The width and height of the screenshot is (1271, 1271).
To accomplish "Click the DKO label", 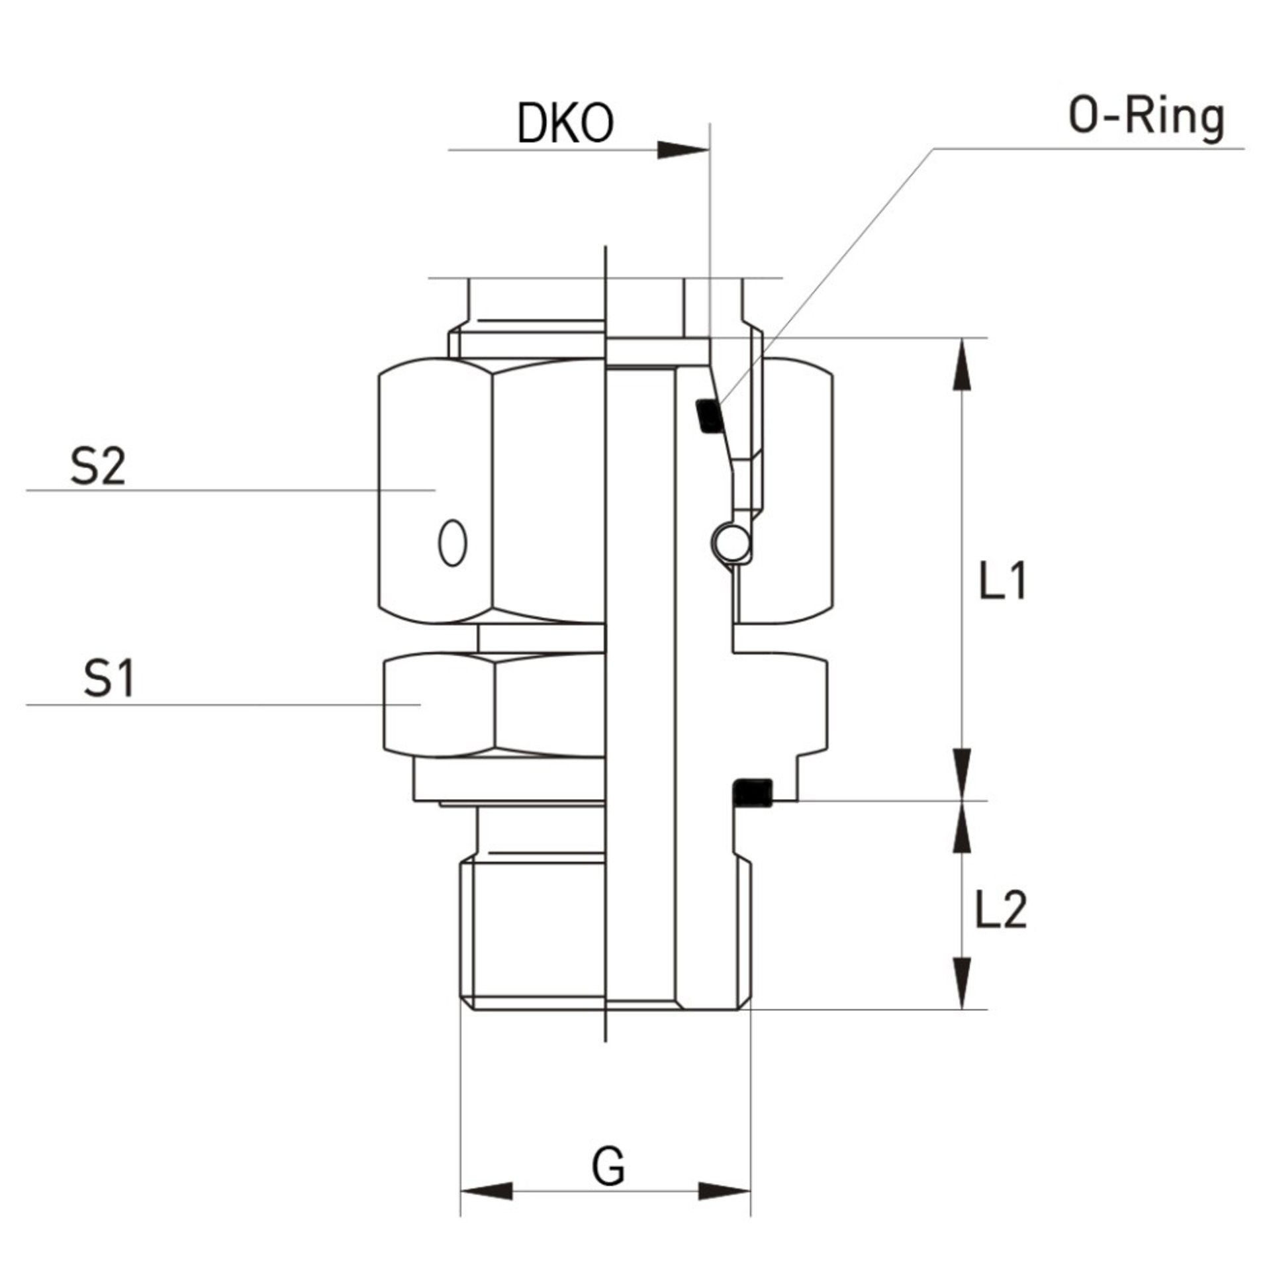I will pyautogui.click(x=565, y=124).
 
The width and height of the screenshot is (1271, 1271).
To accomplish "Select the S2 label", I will pyautogui.click(x=97, y=467).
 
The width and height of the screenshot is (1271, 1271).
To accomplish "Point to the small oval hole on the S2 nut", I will pyautogui.click(x=453, y=542).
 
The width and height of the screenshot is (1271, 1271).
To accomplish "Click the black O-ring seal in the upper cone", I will pyautogui.click(x=708, y=416).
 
